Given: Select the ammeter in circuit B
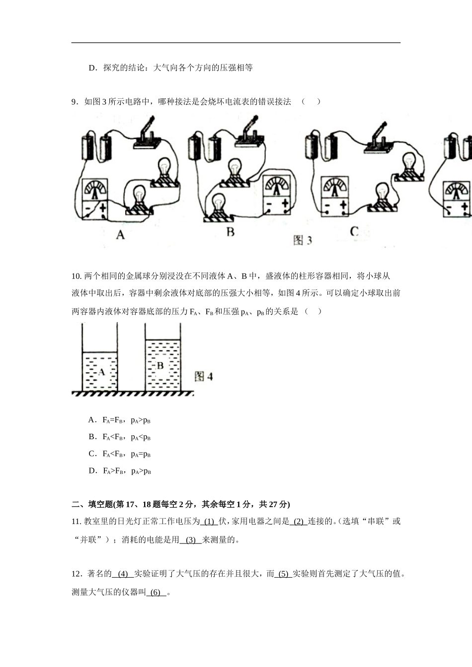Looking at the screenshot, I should tap(277, 195).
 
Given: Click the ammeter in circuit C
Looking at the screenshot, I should tap(336, 197).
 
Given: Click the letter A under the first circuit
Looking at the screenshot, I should tap(120, 235).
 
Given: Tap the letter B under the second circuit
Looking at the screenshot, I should tap(231, 232).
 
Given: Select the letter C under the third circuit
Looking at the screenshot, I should tap(354, 232).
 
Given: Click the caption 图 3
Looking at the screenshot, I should tap(303, 240).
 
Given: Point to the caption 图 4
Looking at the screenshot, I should tap(204, 376).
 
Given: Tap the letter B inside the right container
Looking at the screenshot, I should tap(160, 366).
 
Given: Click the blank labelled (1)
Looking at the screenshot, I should tap(209, 522).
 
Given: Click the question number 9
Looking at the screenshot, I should tap(75, 102).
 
